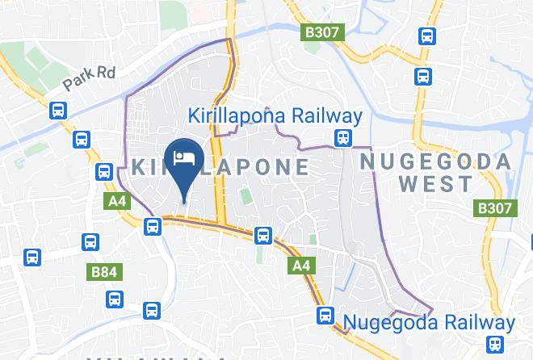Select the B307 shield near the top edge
point(324,33)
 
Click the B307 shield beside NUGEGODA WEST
point(493,208)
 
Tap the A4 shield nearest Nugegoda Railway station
point(300,265)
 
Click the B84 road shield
point(104,273)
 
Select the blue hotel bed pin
point(183,158)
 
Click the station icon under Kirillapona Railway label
point(344,137)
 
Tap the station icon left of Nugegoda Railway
point(325,315)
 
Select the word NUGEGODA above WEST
point(435,161)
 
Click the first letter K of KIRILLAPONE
point(137,168)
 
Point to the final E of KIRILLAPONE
point(300,168)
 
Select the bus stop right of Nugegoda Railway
point(498,344)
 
